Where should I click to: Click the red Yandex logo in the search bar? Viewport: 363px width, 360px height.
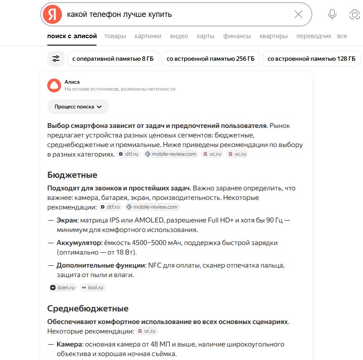[x=52, y=14]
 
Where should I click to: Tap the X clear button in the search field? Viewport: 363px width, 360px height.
[x=298, y=14]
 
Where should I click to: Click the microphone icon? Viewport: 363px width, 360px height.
[x=332, y=14]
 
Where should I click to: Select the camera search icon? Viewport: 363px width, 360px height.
[x=354, y=14]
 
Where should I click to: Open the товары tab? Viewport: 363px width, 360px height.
[x=115, y=36]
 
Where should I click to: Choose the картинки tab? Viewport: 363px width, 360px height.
[x=148, y=36]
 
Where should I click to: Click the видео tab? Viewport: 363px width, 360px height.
[x=179, y=36]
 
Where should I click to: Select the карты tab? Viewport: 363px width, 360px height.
[x=205, y=36]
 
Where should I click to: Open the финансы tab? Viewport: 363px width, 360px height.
[x=237, y=36]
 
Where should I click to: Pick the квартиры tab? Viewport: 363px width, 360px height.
[x=273, y=36]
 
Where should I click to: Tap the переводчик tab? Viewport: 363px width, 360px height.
[x=314, y=36]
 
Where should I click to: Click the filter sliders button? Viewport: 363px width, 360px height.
[x=56, y=59]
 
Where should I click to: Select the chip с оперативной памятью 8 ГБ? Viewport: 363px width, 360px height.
[x=113, y=59]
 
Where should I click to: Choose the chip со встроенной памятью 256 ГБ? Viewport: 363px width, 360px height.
[x=211, y=59]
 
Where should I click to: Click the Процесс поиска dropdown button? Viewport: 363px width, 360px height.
[x=78, y=107]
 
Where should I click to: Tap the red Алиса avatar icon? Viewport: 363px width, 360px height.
[x=54, y=85]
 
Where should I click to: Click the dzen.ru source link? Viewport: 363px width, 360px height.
[x=63, y=287]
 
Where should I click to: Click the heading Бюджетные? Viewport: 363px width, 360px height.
[x=72, y=175]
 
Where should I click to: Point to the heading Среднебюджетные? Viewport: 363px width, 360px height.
[x=88, y=308]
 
